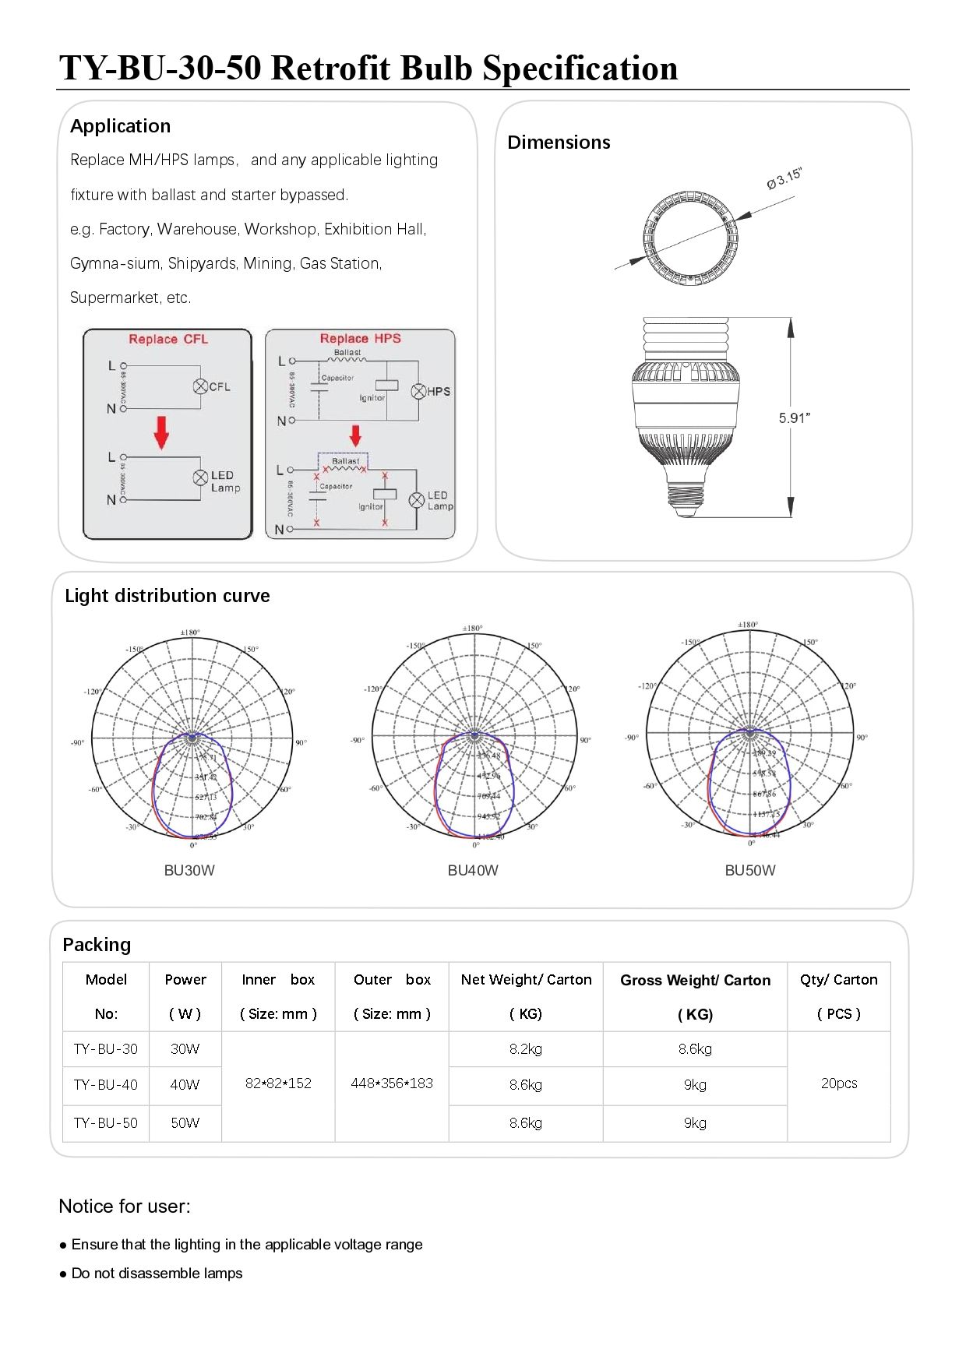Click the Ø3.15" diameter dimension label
(784, 179)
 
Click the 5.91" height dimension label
(794, 418)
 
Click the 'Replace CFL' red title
(168, 340)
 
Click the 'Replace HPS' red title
(360, 339)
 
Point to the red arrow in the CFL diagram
(161, 432)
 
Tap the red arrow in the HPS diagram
(355, 435)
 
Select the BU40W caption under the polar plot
(473, 870)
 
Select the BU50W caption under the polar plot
(750, 870)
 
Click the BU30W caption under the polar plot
(189, 870)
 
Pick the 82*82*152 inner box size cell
(278, 1083)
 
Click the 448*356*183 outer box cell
(392, 1083)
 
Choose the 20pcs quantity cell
(838, 1083)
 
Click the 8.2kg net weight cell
(526, 1049)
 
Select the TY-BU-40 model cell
(106, 1084)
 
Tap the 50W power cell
(185, 1122)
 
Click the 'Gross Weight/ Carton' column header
(695, 981)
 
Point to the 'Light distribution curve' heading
(167, 596)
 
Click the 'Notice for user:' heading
(125, 1207)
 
